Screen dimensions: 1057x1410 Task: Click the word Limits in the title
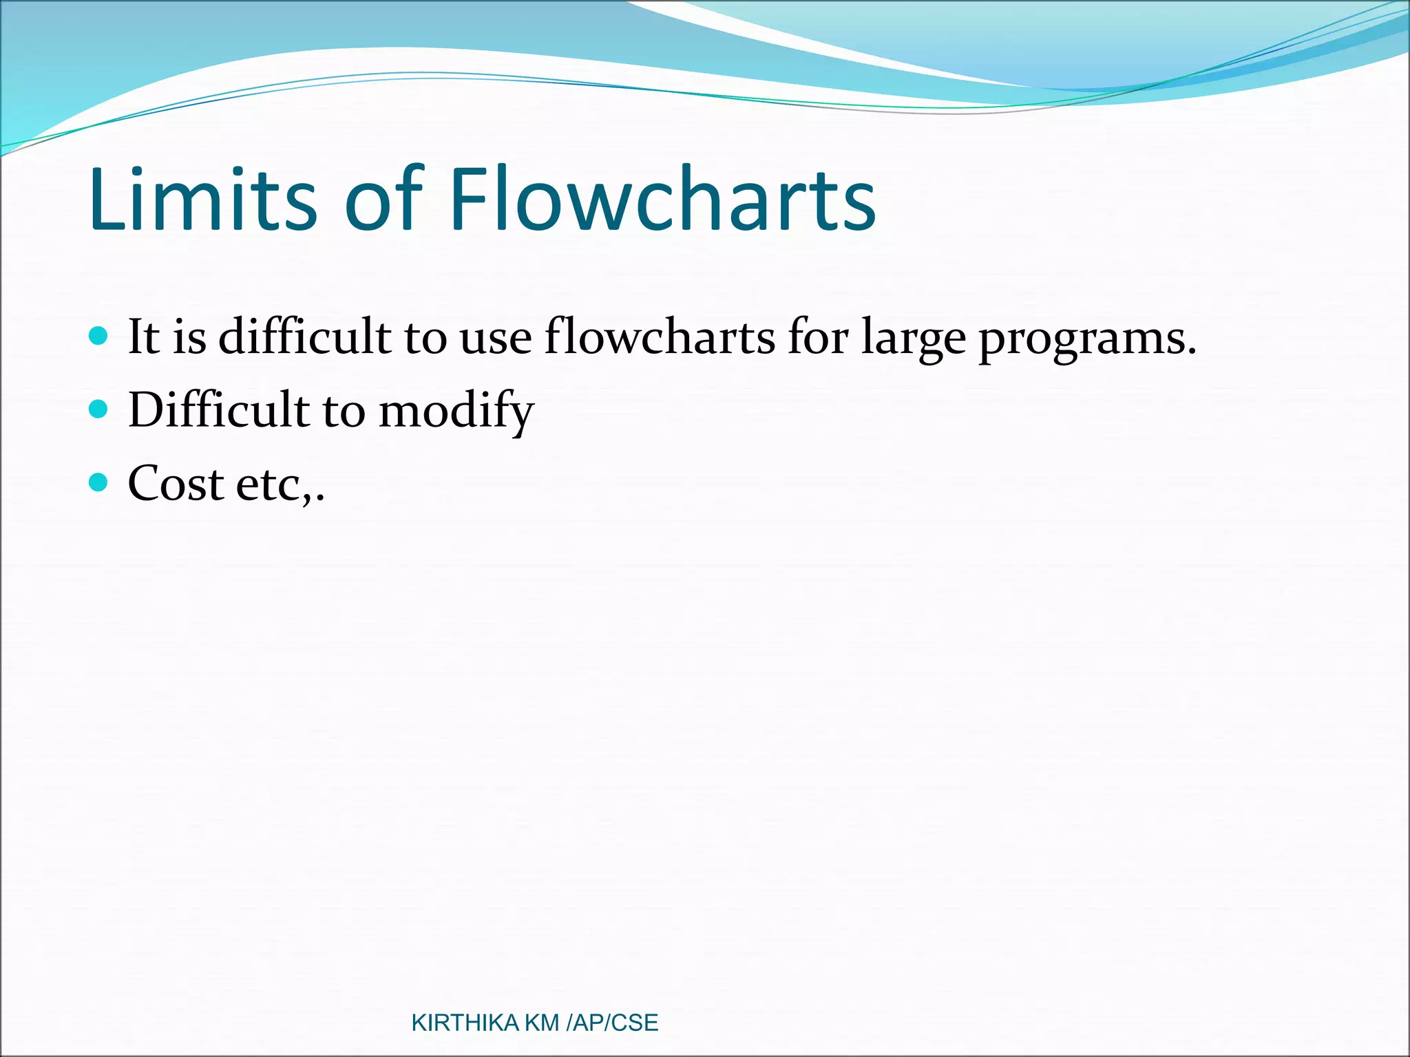[x=202, y=200]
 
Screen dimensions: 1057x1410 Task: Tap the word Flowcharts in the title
[x=662, y=200]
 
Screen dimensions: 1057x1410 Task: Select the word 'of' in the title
[x=382, y=200]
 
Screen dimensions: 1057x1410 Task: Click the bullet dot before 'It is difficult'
[x=99, y=336]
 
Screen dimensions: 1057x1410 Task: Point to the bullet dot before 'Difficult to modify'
[x=99, y=409]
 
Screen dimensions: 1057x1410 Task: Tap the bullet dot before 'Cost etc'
[x=99, y=482]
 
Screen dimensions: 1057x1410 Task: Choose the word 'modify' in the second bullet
[x=456, y=412]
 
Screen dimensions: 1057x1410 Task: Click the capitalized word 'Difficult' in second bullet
[x=218, y=410]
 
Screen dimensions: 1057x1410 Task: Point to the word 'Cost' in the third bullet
[x=176, y=484]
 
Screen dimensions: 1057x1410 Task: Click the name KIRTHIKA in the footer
[x=465, y=1023]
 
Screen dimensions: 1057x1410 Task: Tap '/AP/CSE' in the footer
[x=612, y=1023]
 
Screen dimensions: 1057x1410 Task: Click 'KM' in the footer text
[x=541, y=1023]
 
